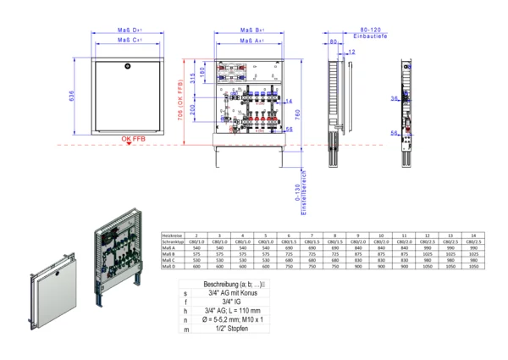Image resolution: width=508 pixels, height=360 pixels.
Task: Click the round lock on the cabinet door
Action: click(x=127, y=64)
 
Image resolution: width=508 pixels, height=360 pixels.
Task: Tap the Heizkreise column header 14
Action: click(x=473, y=235)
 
